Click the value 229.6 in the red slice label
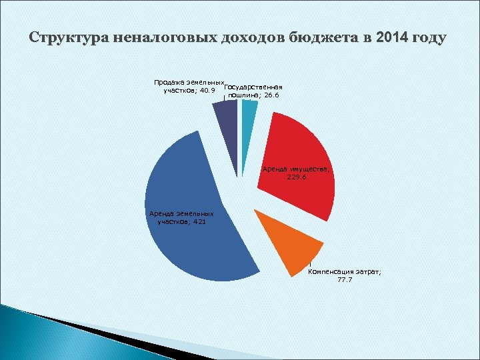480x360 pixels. click(294, 178)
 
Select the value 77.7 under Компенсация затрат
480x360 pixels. click(345, 280)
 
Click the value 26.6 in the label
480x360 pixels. click(269, 95)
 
